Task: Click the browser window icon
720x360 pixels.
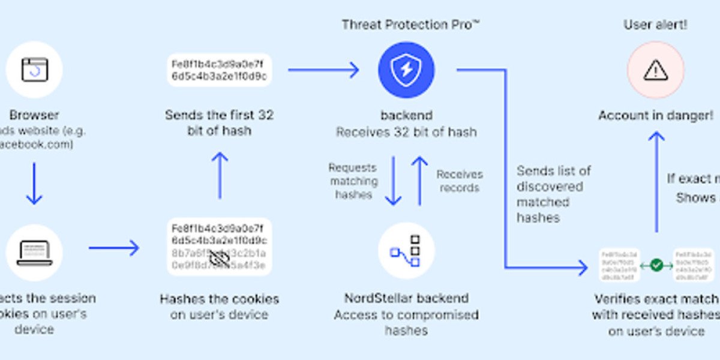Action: click(x=34, y=70)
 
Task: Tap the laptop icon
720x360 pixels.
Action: click(x=34, y=253)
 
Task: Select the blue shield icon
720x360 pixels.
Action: click(x=406, y=70)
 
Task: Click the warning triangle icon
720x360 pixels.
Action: click(x=655, y=70)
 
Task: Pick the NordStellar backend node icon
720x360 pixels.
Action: click(x=406, y=251)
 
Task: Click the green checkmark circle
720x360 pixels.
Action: click(x=656, y=265)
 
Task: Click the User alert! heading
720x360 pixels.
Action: click(x=655, y=25)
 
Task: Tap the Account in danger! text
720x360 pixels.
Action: click(x=656, y=115)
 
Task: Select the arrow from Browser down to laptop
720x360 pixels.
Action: click(x=34, y=183)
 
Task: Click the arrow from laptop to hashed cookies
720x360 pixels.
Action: click(x=113, y=247)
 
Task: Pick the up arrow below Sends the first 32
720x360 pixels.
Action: click(x=220, y=175)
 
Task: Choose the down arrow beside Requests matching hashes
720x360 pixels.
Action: click(x=393, y=181)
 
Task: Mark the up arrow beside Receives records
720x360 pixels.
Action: click(x=420, y=181)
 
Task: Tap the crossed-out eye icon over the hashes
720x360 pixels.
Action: click(x=219, y=259)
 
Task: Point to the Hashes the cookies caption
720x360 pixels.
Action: click(x=219, y=306)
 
